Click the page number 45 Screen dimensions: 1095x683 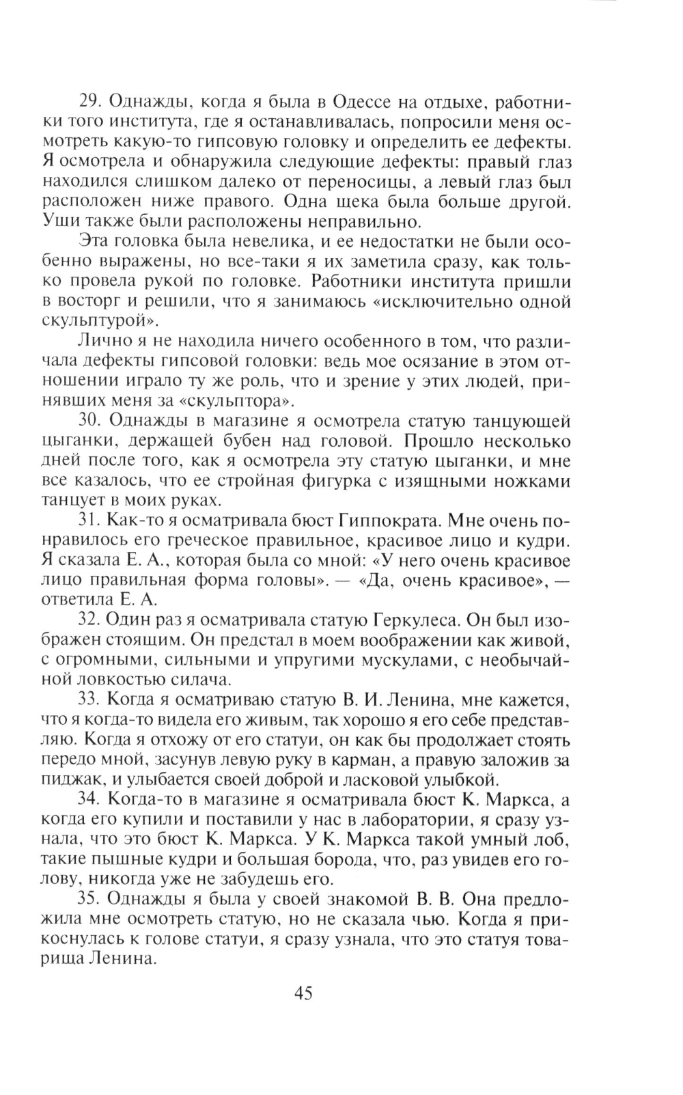point(303,993)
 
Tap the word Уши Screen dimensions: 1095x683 point(57,222)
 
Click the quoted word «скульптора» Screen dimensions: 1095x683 point(241,400)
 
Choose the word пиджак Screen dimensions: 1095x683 point(73,779)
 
